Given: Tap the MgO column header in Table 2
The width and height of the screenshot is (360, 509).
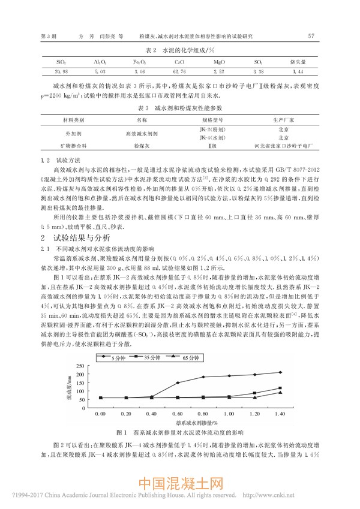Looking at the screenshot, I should (218, 62).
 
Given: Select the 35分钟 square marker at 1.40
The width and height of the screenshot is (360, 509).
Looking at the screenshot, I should (280, 388).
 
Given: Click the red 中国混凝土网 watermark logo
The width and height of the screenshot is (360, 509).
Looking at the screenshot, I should (180, 484).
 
